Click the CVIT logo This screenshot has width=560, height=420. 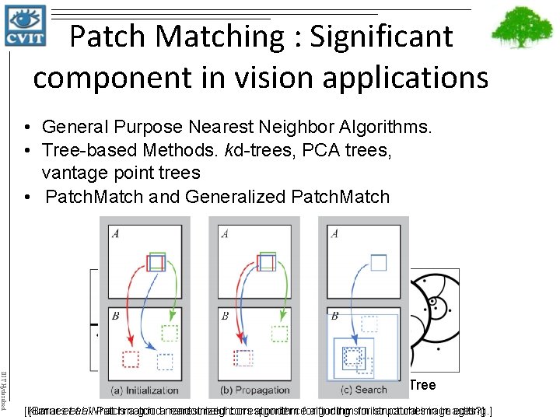click(x=25, y=25)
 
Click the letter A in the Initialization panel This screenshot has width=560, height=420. click(x=116, y=233)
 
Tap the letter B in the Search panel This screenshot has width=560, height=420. click(x=335, y=317)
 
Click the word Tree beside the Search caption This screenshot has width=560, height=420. click(x=422, y=385)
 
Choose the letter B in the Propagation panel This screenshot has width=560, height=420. click(x=226, y=317)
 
